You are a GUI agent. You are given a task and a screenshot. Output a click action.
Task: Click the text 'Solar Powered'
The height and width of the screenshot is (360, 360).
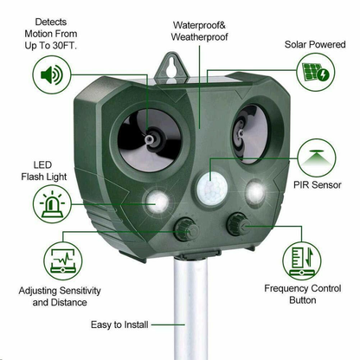click(311, 42)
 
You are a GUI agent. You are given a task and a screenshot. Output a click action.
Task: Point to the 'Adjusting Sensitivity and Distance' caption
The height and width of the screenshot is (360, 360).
click(54, 297)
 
